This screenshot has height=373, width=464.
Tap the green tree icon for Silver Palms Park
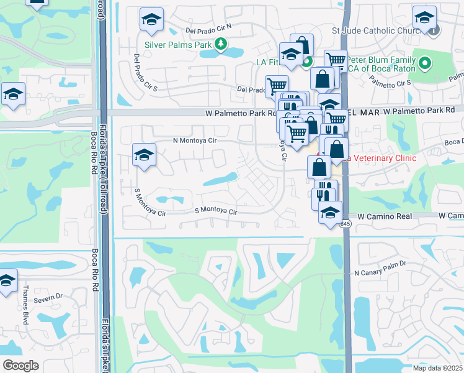[220, 44]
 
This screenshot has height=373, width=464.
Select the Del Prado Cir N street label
[209, 29]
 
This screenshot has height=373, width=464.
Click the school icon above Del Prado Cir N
[151, 21]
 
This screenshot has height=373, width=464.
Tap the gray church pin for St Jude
[433, 29]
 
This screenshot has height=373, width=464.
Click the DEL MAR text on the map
[362, 110]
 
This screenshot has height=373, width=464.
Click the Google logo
[20, 365]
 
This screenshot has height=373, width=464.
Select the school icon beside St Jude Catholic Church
[425, 19]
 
